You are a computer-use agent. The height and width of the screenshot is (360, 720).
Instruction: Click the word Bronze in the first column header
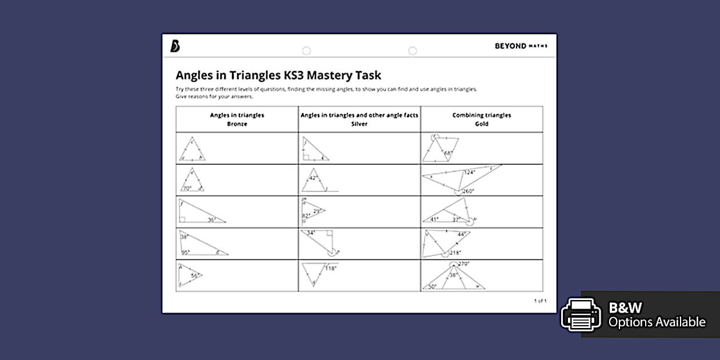point(237,124)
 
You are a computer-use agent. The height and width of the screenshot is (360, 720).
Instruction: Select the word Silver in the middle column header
point(359,124)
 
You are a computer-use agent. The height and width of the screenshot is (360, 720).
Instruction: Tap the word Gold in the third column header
point(481,124)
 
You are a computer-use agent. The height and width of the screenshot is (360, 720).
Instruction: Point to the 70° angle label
point(186,188)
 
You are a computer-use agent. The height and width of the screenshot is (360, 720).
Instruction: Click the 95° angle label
point(185,253)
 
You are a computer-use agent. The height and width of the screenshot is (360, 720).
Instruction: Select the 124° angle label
point(469,172)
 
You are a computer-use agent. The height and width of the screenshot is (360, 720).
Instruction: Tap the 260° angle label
point(469,191)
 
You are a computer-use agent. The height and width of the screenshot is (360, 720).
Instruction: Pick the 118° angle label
point(330,268)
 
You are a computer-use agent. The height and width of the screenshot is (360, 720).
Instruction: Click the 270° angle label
point(463,264)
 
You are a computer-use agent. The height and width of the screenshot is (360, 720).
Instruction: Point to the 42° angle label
point(313,178)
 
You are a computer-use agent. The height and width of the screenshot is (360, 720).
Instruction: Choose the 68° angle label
point(448,153)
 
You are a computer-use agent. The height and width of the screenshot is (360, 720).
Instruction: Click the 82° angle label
point(306,215)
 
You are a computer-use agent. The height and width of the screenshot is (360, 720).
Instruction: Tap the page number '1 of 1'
point(540,301)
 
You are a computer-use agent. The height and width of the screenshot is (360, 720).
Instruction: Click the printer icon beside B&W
point(581,314)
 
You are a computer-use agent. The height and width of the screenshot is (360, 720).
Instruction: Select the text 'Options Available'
point(657,322)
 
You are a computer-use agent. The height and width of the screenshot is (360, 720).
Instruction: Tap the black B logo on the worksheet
point(175,46)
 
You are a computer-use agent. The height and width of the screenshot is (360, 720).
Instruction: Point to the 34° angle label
point(310,233)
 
